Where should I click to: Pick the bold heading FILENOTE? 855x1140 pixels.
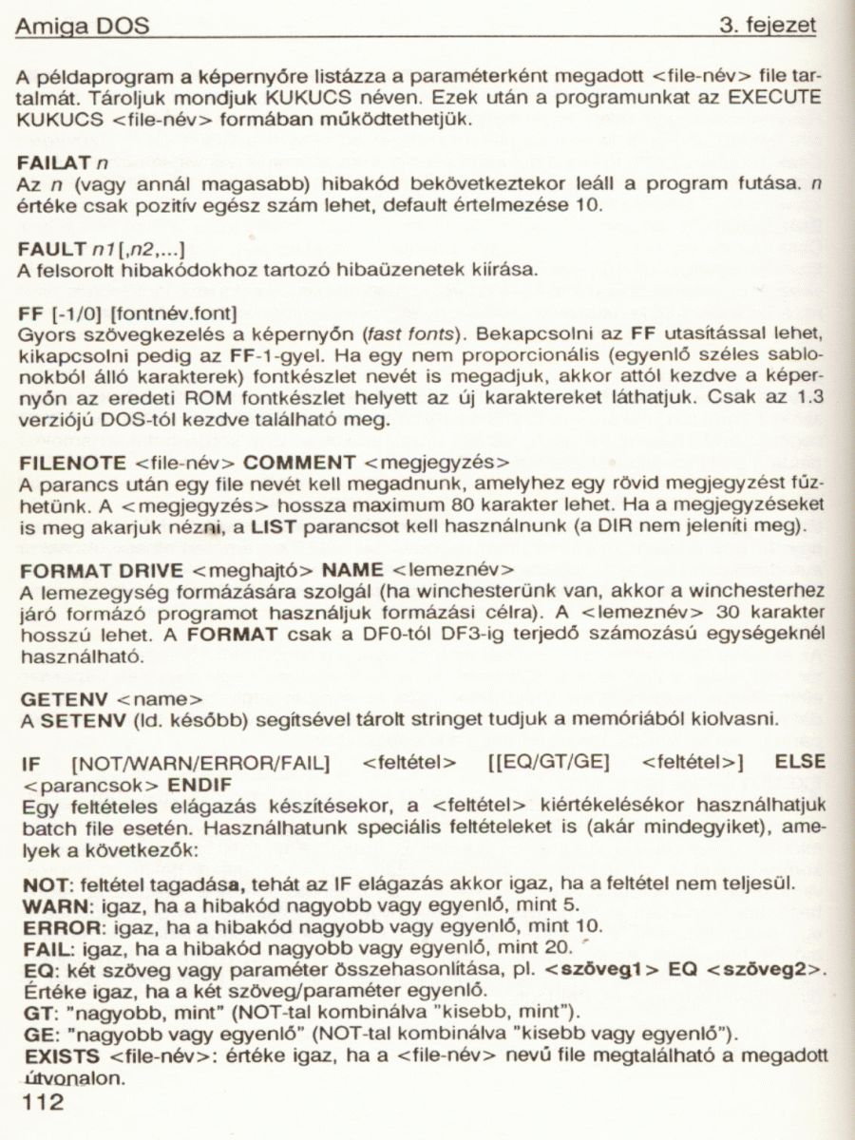(x=71, y=463)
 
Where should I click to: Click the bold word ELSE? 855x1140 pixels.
(x=801, y=762)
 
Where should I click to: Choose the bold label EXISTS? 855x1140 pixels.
(x=59, y=1054)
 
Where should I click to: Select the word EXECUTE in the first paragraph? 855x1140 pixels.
(x=774, y=97)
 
